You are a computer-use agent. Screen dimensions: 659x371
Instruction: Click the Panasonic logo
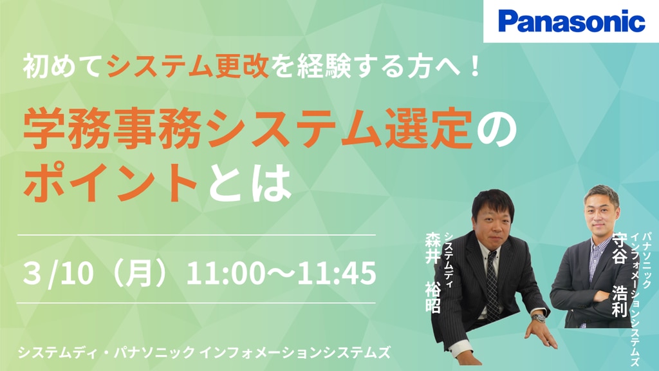point(571,21)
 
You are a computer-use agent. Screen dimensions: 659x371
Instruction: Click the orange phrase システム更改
point(188,67)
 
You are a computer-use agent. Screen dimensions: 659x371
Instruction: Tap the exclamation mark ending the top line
point(475,67)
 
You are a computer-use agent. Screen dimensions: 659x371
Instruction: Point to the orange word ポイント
point(111,182)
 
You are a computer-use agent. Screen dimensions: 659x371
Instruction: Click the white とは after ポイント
point(250,182)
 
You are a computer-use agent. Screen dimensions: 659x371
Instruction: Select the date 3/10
point(57,273)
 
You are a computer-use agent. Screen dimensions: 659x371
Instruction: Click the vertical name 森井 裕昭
point(433,273)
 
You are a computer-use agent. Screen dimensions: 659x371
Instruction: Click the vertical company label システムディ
point(449,260)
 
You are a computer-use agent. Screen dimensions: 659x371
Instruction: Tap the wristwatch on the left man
point(539,317)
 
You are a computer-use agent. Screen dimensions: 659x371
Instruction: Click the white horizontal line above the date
point(197,234)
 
